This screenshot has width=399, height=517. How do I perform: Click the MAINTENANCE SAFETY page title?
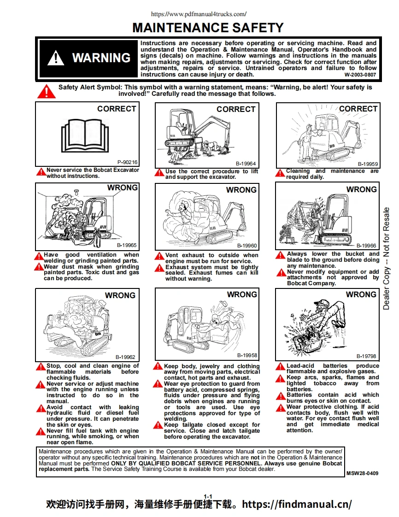[208, 28]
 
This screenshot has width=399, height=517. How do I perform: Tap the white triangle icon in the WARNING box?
[56, 58]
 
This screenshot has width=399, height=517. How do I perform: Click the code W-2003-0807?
[360, 74]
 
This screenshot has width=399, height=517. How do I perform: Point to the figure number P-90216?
[127, 162]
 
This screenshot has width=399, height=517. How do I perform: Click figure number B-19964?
[246, 164]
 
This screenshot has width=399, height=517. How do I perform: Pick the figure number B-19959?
[368, 164]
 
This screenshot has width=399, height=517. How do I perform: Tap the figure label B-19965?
[126, 246]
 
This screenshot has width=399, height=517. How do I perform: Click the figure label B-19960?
[247, 246]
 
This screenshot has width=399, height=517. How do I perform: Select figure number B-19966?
[366, 246]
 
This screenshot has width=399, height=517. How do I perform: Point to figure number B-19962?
[125, 357]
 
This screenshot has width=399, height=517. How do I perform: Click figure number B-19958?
[247, 355]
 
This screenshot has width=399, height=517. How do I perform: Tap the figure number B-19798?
[366, 356]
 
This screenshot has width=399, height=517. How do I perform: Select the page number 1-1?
[208, 496]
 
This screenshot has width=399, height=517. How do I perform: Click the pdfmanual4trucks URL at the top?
[199, 14]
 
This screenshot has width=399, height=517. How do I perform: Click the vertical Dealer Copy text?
[386, 258]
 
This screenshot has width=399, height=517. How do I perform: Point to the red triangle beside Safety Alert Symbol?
[47, 91]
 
